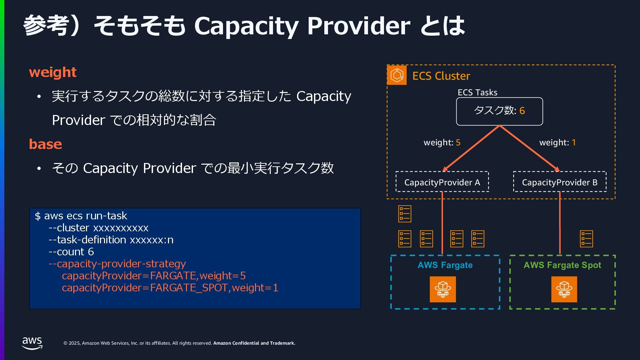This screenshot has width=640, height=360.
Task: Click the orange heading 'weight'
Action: tap(53, 72)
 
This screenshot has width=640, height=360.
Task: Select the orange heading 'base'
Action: tap(45, 144)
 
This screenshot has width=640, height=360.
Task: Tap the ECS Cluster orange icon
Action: tap(397, 75)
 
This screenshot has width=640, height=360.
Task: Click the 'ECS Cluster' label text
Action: tap(441, 76)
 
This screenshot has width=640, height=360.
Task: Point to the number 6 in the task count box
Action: tap(522, 111)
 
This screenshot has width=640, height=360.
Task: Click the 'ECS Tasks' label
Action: tap(477, 93)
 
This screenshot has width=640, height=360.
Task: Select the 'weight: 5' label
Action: tap(442, 143)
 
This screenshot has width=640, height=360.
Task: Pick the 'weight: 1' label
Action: tap(557, 143)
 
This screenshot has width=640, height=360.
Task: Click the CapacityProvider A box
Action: tap(442, 182)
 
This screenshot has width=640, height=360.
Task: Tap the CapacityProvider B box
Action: tap(560, 182)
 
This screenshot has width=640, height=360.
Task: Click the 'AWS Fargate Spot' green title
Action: tap(562, 265)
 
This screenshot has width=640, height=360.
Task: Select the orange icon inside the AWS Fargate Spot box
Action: tap(564, 289)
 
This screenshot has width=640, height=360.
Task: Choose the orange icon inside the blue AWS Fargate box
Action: tap(443, 289)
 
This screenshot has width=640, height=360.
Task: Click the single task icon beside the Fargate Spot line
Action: tap(586, 239)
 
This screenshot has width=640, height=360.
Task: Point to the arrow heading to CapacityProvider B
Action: tap(530, 149)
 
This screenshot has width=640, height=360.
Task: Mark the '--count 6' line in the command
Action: tap(71, 252)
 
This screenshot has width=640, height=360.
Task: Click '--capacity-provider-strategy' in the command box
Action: tap(117, 264)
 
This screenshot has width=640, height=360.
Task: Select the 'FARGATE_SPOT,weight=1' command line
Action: tap(170, 288)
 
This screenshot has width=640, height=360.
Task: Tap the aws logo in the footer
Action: tap(32, 343)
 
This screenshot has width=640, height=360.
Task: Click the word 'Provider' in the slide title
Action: tap(359, 26)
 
